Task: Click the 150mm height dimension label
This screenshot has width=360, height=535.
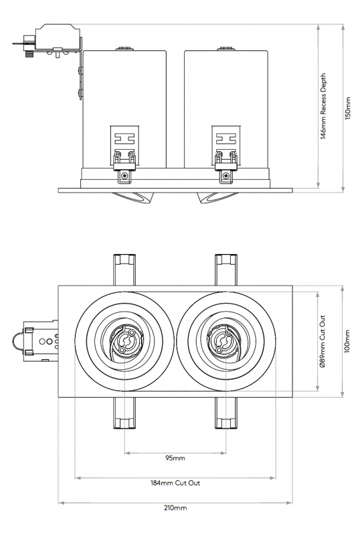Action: (x=347, y=107)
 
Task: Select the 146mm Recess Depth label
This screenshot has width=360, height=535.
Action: (x=323, y=107)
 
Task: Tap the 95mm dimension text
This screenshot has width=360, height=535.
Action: (x=175, y=458)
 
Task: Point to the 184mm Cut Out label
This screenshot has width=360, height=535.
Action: (x=175, y=483)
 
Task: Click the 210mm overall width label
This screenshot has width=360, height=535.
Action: (x=175, y=508)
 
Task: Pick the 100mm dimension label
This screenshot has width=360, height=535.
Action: (x=347, y=342)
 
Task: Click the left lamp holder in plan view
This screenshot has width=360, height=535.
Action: (x=125, y=342)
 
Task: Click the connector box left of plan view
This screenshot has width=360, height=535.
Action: (x=39, y=341)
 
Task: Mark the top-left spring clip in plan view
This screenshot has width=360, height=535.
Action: (x=125, y=269)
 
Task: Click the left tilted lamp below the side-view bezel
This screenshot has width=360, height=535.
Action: (x=137, y=197)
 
